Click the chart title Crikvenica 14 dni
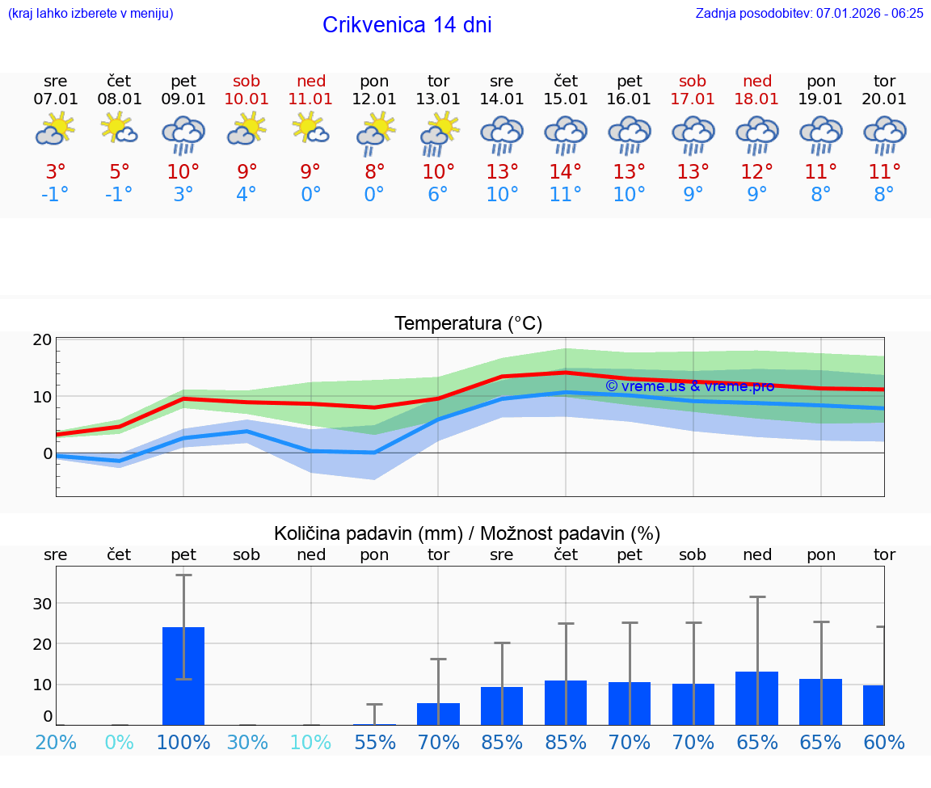tap(407, 25)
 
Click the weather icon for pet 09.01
tap(183, 135)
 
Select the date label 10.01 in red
tap(246, 99)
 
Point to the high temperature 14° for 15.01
tap(566, 172)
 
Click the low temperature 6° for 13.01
tap(438, 195)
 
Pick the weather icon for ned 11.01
tap(310, 129)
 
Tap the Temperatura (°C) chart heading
tap(468, 323)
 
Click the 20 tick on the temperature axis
tap(42, 339)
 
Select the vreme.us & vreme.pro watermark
tap(689, 386)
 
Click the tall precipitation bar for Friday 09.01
tap(183, 676)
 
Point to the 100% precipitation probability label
tap(183, 742)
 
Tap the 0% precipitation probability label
tap(119, 742)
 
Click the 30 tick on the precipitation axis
tap(42, 604)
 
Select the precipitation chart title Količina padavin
tap(466, 533)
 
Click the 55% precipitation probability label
tap(374, 742)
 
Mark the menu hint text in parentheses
tap(90, 13)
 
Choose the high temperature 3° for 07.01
tap(55, 172)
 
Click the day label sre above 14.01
tap(502, 81)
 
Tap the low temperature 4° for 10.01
tap(246, 195)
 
